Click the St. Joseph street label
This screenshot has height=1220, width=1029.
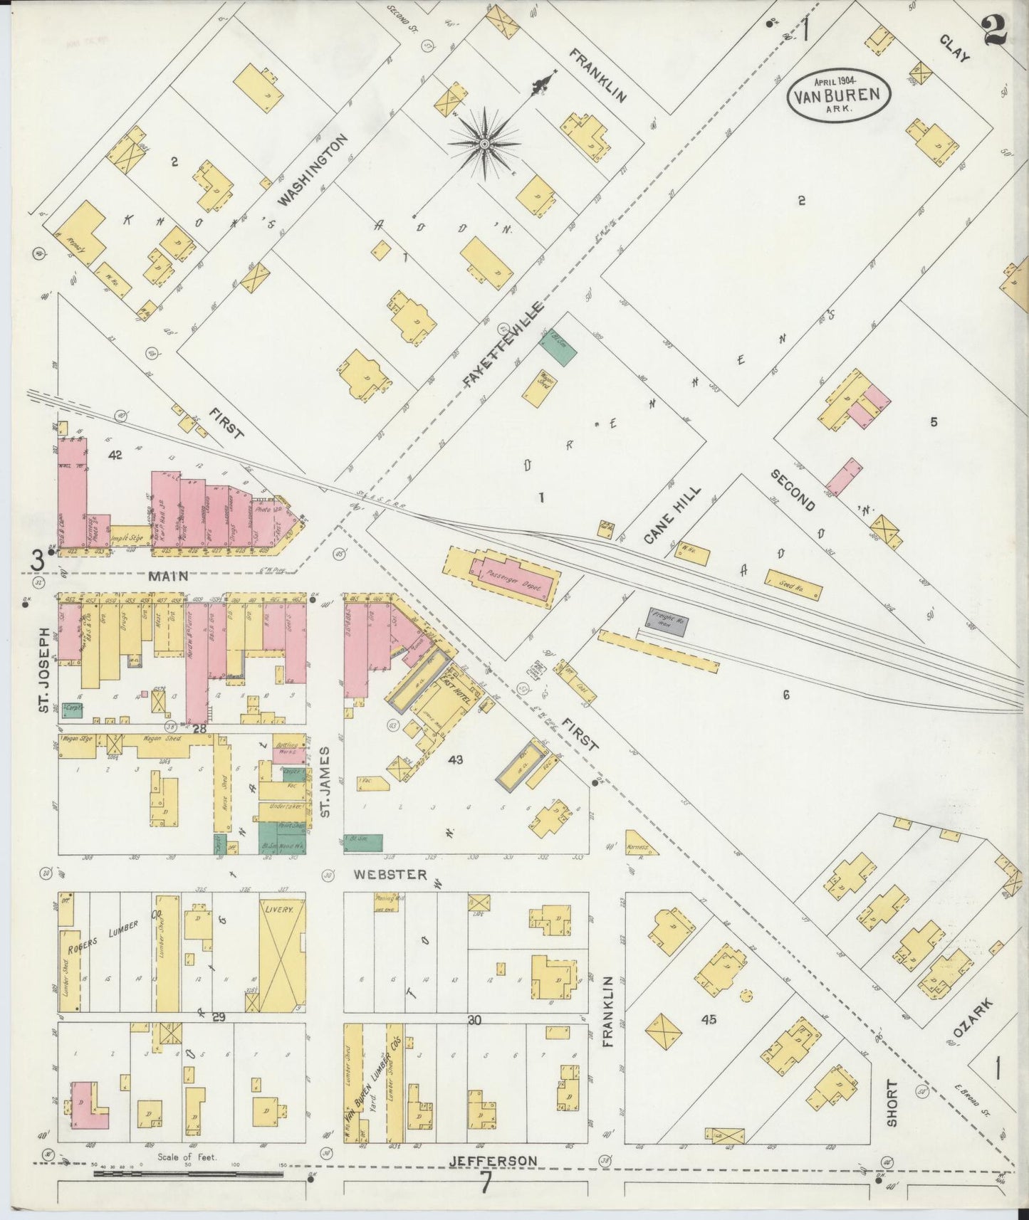click(x=43, y=671)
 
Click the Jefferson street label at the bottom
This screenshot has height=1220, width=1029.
click(x=493, y=1162)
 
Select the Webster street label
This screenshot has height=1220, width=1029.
click(x=391, y=875)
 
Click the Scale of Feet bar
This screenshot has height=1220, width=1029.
click(x=188, y=1173)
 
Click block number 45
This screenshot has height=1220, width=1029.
click(x=708, y=1020)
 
